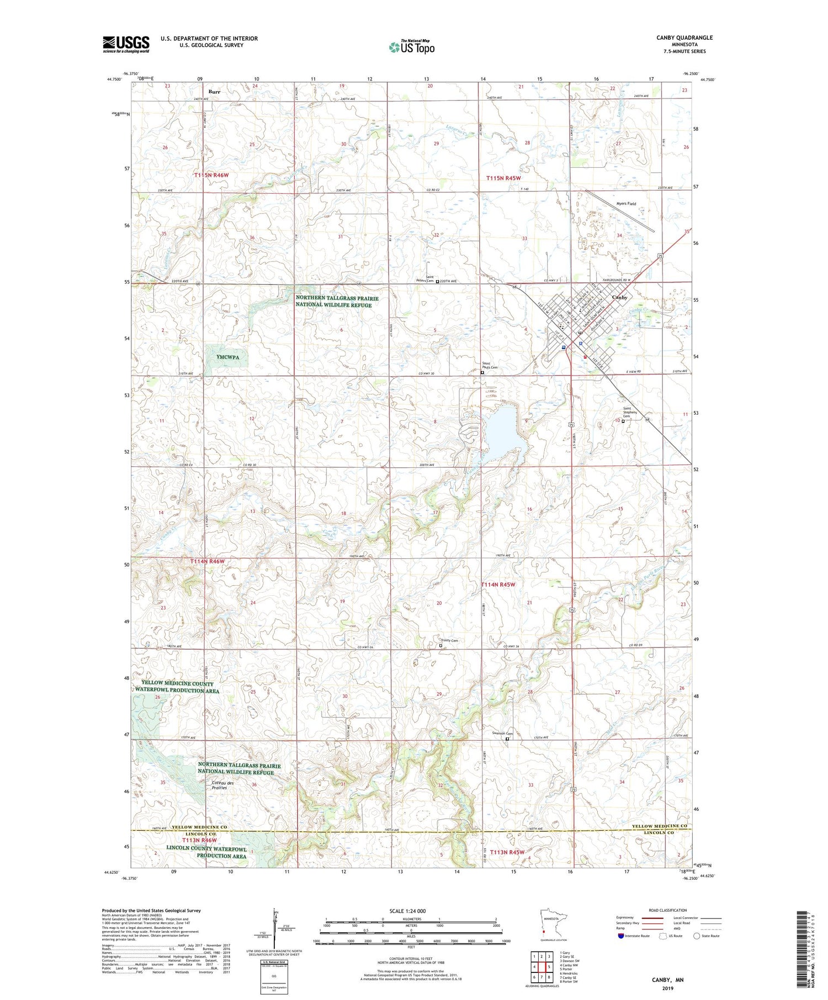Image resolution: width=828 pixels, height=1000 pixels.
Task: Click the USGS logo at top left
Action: click(x=126, y=44)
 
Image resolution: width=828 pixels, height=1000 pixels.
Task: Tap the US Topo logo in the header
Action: click(x=411, y=47)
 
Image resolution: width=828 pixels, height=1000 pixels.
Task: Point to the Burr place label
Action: click(x=215, y=92)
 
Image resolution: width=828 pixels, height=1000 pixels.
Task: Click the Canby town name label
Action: click(x=620, y=297)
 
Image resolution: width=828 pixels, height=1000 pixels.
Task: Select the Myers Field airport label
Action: click(x=626, y=204)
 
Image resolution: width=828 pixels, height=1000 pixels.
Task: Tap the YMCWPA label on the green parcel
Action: click(x=228, y=357)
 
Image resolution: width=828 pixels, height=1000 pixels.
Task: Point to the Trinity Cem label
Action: click(x=449, y=640)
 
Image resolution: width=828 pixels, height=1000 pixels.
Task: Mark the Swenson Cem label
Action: click(x=502, y=734)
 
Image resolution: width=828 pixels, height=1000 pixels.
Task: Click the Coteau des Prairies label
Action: click(x=223, y=785)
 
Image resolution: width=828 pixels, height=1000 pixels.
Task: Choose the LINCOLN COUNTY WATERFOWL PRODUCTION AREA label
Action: click(x=207, y=852)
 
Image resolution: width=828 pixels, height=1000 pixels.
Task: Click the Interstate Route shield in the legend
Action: click(x=620, y=936)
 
